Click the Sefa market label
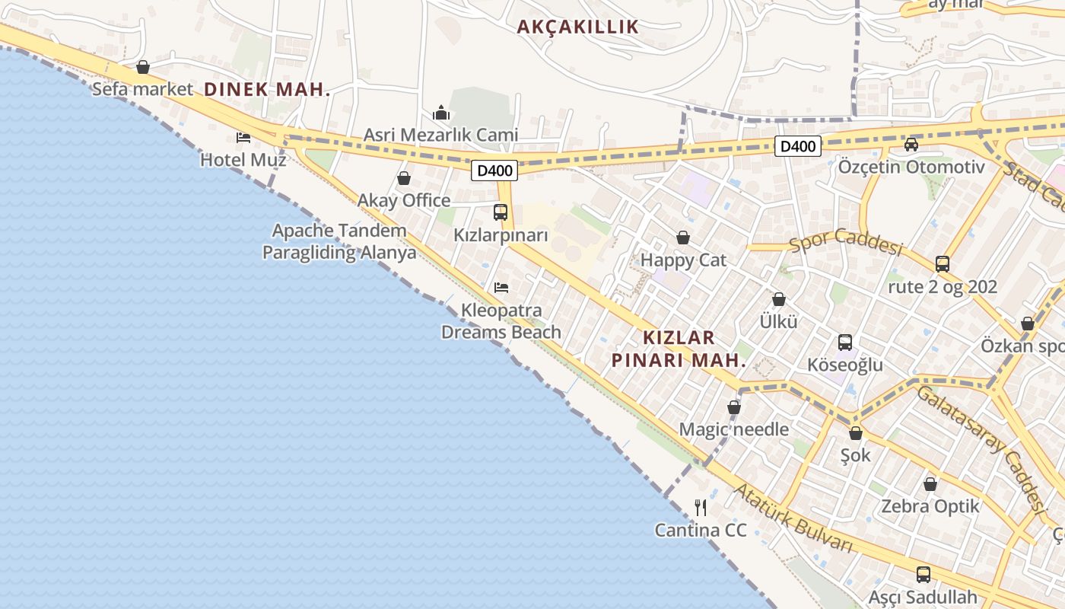click(142, 89)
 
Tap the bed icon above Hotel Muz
click(243, 137)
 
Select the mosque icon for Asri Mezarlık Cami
click(441, 113)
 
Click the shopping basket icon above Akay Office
click(404, 178)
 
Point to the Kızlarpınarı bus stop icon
click(501, 212)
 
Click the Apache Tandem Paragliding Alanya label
click(339, 241)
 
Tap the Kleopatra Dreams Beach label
click(501, 321)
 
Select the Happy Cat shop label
click(683, 260)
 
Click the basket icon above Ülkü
click(778, 299)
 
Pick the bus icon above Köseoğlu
click(845, 342)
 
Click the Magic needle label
click(733, 429)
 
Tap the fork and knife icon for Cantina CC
click(701, 507)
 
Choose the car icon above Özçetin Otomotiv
click(911, 144)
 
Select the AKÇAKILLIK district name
click(578, 27)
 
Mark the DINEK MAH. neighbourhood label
click(267, 89)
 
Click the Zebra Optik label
click(930, 506)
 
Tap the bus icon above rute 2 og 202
click(943, 264)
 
